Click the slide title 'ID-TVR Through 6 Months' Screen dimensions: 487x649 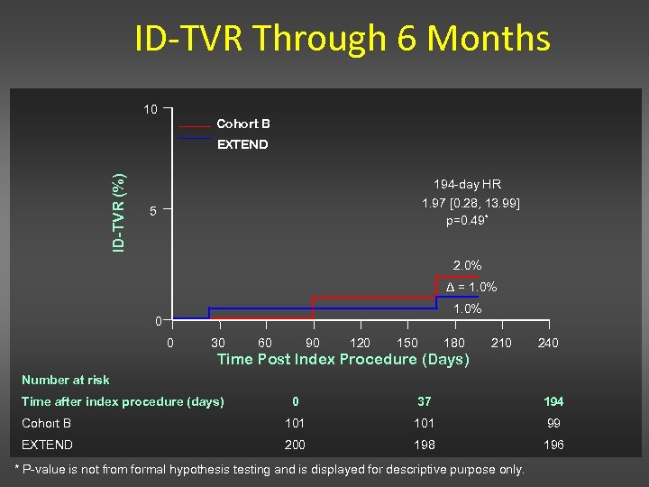342,39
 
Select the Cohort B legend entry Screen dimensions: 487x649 242,124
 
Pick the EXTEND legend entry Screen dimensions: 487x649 242,144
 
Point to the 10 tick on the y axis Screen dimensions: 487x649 151,110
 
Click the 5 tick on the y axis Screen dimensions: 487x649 153,212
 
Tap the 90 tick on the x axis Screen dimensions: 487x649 312,343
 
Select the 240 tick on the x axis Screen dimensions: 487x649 547,343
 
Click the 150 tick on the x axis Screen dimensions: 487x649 407,343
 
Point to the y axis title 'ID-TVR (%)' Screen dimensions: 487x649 118,213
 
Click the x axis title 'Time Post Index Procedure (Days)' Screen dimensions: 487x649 343,360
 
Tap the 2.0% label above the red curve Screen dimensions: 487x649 467,265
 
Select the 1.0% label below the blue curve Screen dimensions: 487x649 467,309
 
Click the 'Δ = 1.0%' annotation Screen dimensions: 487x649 471,287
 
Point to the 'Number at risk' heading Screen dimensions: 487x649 65,380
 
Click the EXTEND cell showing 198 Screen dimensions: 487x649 424,445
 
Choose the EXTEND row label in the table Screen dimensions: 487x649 47,445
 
